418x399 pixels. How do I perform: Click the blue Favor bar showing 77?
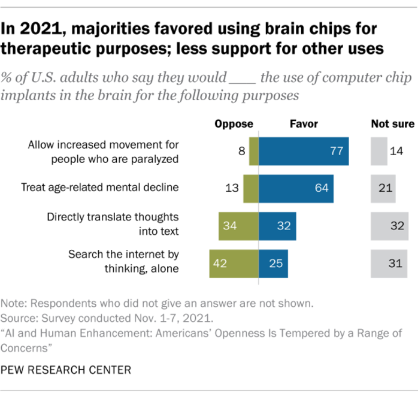coord(304,151)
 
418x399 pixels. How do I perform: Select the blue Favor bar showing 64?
coord(296,188)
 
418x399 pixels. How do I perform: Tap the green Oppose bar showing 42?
coord(234,264)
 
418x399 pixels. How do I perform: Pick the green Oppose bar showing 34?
coord(238,226)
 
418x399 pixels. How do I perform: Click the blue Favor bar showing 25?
coord(273,264)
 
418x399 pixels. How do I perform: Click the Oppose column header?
coord(234,124)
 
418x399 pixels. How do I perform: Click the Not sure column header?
coord(392,124)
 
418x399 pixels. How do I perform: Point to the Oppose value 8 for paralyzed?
coord(242,152)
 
